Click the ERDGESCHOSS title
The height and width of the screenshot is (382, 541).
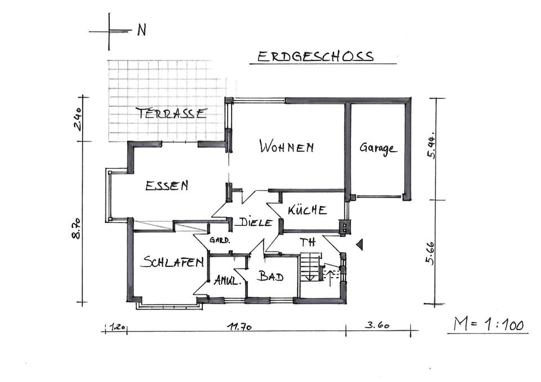point(315,56)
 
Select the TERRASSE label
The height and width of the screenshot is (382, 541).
point(171,113)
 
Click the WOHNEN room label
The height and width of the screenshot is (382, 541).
point(286,147)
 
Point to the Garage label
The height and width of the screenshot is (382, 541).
point(378,149)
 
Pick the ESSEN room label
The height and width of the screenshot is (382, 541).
point(167,185)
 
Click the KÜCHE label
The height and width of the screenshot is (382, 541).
point(307,210)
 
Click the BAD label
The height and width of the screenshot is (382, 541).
point(270,276)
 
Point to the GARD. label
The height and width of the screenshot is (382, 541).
point(219,240)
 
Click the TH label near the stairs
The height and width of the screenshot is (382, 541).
point(308,243)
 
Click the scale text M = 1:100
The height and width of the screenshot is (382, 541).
point(489,324)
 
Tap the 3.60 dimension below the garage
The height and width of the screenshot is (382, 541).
point(378,326)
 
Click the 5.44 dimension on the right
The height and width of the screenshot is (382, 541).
point(432,148)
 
